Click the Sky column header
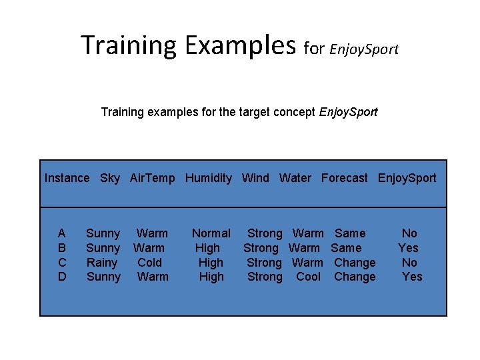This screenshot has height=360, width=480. point(110,178)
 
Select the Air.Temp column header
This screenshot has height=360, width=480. point(152,178)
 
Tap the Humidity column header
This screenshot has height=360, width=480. point(209,178)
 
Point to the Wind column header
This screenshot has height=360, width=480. point(255,178)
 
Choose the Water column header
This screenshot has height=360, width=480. point(295,178)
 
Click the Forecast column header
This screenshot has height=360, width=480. point(344,178)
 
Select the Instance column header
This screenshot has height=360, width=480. point(67,178)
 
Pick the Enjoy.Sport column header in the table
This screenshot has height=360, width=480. point(407,178)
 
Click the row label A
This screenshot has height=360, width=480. point(62,233)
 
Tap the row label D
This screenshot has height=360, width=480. point(62,277)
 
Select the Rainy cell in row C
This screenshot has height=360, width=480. point(102,263)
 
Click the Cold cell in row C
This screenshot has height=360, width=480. point(149,263)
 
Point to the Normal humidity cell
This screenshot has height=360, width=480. point(211,233)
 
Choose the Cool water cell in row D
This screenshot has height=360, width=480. point(308,277)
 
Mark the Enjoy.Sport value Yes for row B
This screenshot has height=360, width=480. point(408,248)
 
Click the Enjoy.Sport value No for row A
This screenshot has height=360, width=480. point(409,233)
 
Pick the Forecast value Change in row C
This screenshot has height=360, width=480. point(355,263)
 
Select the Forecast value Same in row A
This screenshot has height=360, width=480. point(350,233)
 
